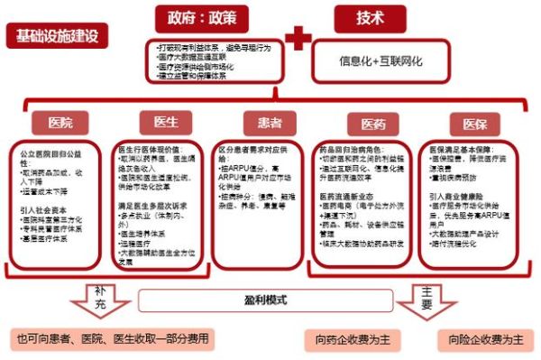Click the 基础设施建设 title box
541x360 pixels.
click(x=56, y=37)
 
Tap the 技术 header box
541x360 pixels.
click(x=370, y=18)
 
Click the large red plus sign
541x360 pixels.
click(x=298, y=41)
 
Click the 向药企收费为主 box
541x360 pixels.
click(x=351, y=341)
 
